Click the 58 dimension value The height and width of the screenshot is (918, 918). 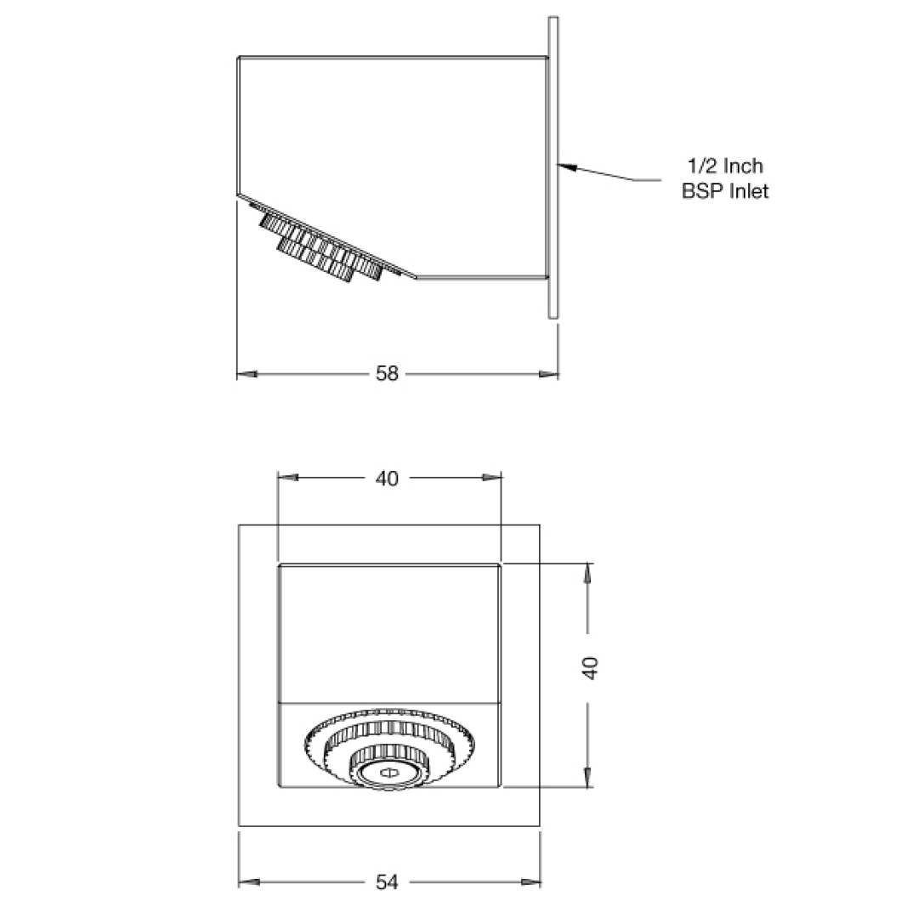[x=387, y=374]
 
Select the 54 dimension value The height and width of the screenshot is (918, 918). [x=387, y=883]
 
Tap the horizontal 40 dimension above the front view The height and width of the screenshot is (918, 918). [x=387, y=479]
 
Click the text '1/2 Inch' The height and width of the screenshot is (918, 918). [x=725, y=166]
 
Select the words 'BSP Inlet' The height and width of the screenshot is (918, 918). [x=725, y=191]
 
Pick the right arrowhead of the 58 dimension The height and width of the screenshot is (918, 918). [x=548, y=374]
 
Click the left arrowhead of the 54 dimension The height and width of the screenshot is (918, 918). [x=248, y=883]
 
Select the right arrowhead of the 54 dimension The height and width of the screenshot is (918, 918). [x=531, y=883]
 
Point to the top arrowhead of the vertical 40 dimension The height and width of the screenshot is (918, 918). [x=586, y=573]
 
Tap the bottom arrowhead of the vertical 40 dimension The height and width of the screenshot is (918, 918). [x=586, y=777]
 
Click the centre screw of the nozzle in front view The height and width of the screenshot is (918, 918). [x=388, y=773]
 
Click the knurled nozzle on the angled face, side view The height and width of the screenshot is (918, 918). [x=319, y=246]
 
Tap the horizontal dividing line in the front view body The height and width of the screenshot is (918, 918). [x=389, y=704]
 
